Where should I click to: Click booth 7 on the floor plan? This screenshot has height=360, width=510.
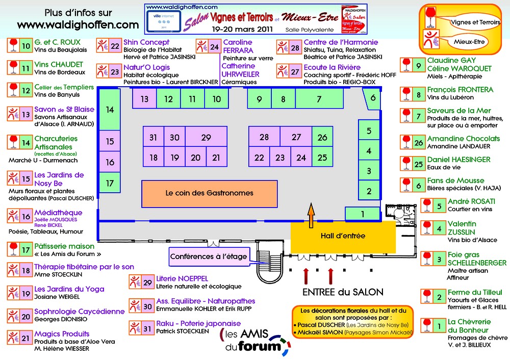click(x=319, y=99)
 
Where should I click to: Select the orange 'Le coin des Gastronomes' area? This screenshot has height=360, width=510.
click(x=210, y=193)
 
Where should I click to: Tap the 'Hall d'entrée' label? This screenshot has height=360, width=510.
click(x=343, y=236)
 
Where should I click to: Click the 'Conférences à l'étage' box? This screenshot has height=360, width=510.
click(x=209, y=256)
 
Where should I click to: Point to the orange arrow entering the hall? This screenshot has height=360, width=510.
click(x=311, y=213)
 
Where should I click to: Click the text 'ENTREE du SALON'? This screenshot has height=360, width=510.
click(x=336, y=292)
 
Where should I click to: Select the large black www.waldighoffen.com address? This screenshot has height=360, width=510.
click(x=78, y=24)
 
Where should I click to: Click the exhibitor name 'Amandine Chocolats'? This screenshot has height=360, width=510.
click(x=463, y=139)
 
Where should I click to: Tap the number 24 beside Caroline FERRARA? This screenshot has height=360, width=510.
click(x=215, y=47)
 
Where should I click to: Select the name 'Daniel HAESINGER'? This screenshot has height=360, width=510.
click(x=458, y=160)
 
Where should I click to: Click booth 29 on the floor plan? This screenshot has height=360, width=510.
click(x=206, y=137)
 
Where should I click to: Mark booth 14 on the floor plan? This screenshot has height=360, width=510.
click(x=110, y=109)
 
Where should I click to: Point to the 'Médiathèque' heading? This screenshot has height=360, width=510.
click(x=58, y=213)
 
